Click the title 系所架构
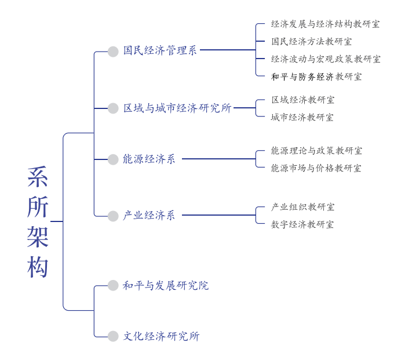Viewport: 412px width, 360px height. [x=38, y=222]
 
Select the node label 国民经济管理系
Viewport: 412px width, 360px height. [x=160, y=50]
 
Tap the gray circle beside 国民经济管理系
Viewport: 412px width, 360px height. [x=113, y=51]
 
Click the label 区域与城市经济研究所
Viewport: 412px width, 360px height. [x=177, y=108]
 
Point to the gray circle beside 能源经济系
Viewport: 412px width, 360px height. [x=113, y=159]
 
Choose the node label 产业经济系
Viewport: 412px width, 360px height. [x=149, y=216]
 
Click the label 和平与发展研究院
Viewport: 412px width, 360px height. [x=166, y=285]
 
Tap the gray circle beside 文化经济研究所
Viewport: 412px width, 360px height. [x=113, y=336]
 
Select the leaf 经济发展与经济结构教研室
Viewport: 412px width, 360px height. [x=326, y=24]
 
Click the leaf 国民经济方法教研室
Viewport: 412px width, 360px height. [x=311, y=42]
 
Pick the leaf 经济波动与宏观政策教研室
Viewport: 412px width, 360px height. [x=326, y=59]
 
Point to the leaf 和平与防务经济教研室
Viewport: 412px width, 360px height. [x=316, y=77]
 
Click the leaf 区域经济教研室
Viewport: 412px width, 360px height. [x=302, y=100]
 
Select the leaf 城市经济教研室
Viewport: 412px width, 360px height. [x=302, y=117]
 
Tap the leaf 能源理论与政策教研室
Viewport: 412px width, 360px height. [x=316, y=151]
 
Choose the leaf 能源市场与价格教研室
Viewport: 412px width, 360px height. [x=316, y=168]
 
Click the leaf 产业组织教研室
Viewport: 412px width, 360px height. [x=302, y=207]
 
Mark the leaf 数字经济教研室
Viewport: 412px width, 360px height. [x=302, y=224]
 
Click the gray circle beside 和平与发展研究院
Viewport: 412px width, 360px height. [x=113, y=285]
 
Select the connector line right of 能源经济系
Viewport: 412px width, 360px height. [x=218, y=159]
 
